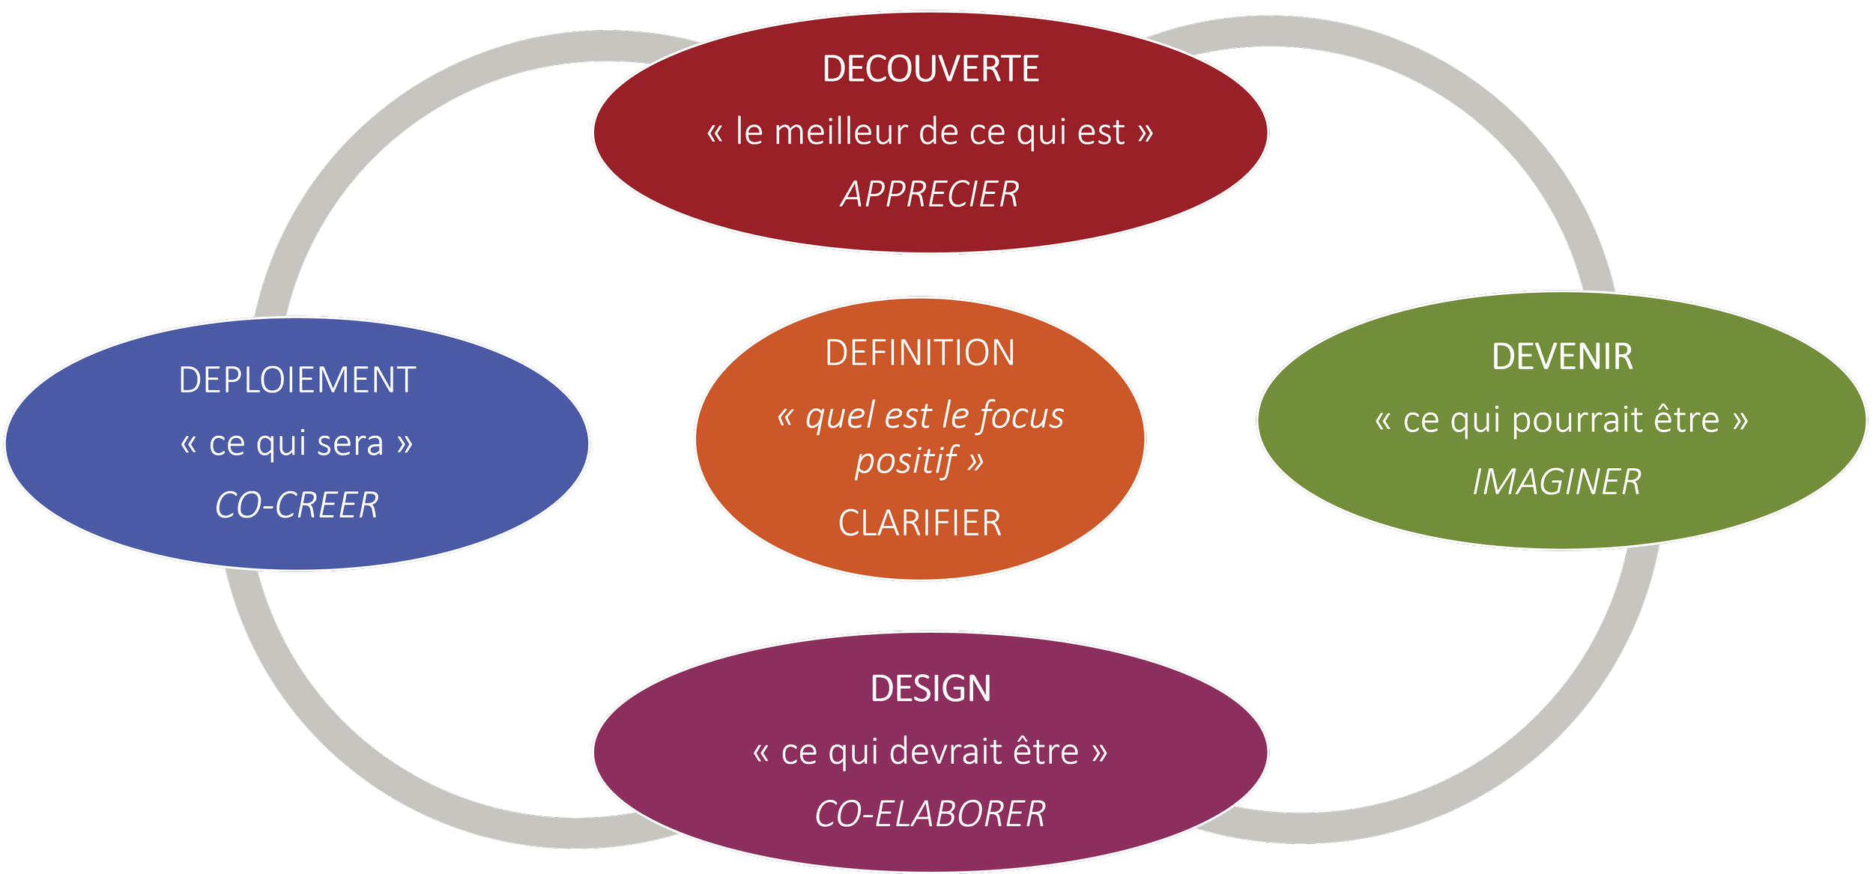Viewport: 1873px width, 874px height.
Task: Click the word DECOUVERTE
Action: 931,69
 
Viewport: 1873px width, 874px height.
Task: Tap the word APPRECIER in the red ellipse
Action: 930,195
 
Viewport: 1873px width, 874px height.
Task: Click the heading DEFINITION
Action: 920,353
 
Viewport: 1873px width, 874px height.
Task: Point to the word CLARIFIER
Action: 920,523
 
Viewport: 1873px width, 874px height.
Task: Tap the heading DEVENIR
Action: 1562,356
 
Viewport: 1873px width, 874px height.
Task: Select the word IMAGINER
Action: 1558,482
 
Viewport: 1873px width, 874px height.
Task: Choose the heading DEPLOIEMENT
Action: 297,380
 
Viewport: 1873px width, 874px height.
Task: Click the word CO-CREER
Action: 297,506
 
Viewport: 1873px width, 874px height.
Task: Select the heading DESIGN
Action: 931,689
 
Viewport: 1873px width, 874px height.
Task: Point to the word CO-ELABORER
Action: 930,814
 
